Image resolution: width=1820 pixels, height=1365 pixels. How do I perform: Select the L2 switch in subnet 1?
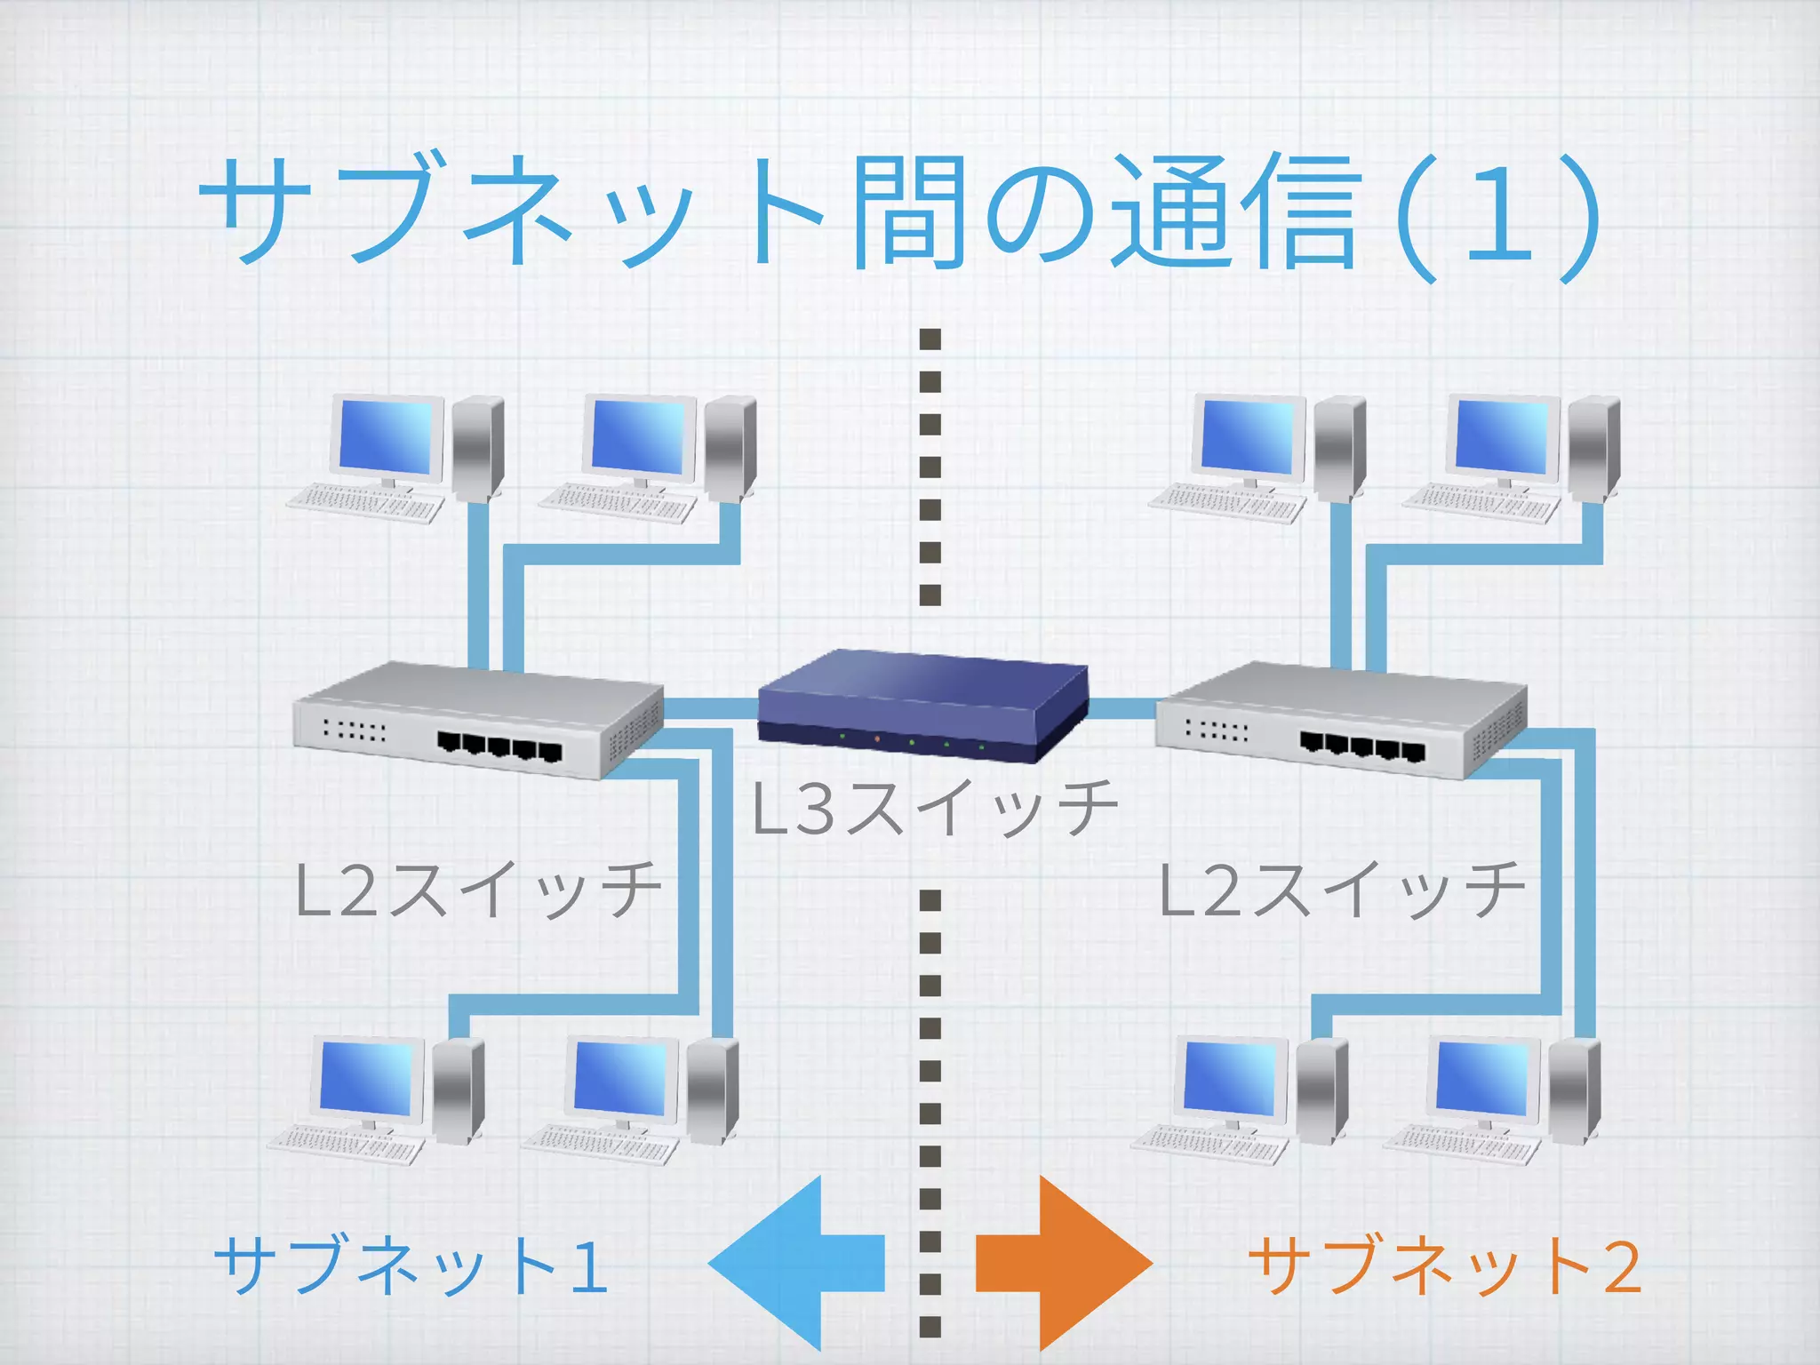tap(478, 720)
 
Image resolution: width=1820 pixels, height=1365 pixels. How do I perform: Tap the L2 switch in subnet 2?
tap(1340, 720)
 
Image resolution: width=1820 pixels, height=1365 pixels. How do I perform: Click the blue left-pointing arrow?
tap(796, 1262)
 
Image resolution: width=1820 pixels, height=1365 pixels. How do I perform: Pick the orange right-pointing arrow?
tap(1063, 1262)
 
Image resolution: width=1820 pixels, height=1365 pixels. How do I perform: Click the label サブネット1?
tap(411, 1265)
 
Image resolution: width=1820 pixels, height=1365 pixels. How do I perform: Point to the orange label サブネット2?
tap(1445, 1265)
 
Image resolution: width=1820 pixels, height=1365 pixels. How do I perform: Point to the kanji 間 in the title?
tap(906, 213)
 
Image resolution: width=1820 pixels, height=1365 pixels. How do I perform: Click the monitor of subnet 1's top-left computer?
tap(387, 437)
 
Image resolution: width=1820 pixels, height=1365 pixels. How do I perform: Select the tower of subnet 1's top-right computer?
tap(730, 446)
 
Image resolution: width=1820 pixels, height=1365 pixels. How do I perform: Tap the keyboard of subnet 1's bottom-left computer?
tap(347, 1145)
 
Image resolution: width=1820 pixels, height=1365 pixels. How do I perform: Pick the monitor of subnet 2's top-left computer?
tap(1249, 437)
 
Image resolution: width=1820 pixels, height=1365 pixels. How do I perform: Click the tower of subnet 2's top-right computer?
tap(1593, 446)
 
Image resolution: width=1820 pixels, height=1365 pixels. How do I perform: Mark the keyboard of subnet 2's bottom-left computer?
tap(1209, 1145)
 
